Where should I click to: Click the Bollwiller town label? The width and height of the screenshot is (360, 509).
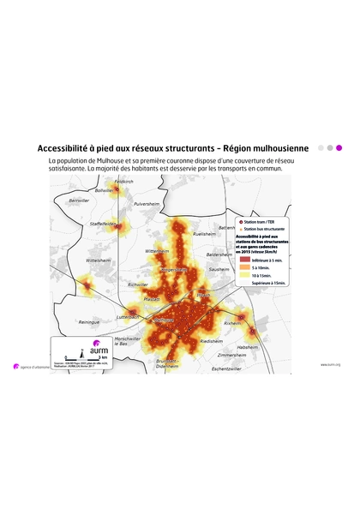point(103,191)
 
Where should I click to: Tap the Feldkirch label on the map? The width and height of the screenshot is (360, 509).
point(123,182)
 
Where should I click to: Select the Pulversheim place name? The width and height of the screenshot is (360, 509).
point(147,204)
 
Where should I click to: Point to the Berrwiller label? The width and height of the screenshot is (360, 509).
point(79,201)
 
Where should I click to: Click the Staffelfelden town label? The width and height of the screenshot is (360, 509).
point(103,223)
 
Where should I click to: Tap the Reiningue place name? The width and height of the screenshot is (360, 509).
point(89,322)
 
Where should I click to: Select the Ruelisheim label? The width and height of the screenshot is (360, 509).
point(204,233)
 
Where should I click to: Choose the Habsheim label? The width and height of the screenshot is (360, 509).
point(248,347)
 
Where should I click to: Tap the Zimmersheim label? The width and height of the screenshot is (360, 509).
point(231,354)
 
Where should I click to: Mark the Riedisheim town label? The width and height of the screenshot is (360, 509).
point(211,341)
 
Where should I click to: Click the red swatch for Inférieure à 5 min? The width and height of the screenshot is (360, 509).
point(243,258)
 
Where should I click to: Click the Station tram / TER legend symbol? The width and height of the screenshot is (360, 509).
point(240,222)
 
